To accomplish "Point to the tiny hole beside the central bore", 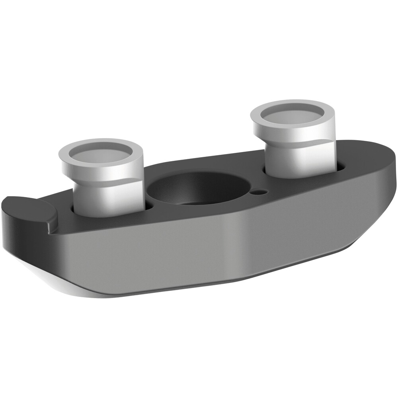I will [259, 192].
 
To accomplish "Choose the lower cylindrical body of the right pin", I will [300, 159].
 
